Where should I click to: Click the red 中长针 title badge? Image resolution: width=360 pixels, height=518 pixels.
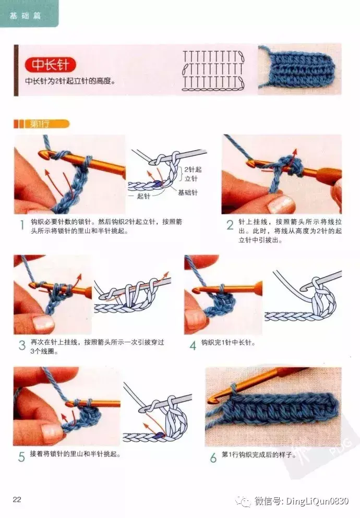50,65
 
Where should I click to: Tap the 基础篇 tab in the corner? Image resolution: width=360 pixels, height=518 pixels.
25,15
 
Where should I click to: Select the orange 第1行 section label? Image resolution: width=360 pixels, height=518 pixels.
42,124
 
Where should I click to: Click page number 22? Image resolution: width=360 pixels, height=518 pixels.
17,499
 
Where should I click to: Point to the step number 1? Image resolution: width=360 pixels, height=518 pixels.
22,225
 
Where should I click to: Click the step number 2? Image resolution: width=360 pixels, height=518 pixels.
230,225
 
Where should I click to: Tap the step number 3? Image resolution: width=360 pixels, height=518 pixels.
22,345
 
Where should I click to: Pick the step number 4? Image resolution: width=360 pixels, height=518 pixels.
193,345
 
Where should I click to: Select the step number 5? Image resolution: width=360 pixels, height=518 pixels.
21,457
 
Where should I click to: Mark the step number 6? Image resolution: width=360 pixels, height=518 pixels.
213,457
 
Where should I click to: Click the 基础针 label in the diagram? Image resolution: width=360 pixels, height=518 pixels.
188,192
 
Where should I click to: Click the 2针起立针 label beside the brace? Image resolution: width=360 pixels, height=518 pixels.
193,174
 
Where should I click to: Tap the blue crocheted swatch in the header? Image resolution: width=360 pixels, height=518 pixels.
299,69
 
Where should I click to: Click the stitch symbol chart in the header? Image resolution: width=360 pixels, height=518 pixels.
213,71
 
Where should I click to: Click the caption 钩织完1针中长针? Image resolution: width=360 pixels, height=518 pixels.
228,343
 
